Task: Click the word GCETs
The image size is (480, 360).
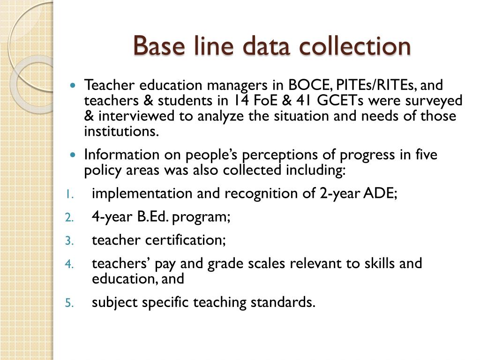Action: click(x=342, y=101)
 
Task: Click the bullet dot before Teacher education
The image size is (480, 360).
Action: click(x=72, y=86)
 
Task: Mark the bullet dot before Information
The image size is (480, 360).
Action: click(x=72, y=155)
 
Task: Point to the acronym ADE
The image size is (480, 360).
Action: click(x=380, y=193)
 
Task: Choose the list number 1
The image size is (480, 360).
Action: click(x=68, y=194)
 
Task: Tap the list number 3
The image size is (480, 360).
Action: click(x=68, y=241)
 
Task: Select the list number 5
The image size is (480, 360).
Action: click(x=68, y=303)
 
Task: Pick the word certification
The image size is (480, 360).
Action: click(x=185, y=240)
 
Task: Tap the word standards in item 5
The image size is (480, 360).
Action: click(x=282, y=302)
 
